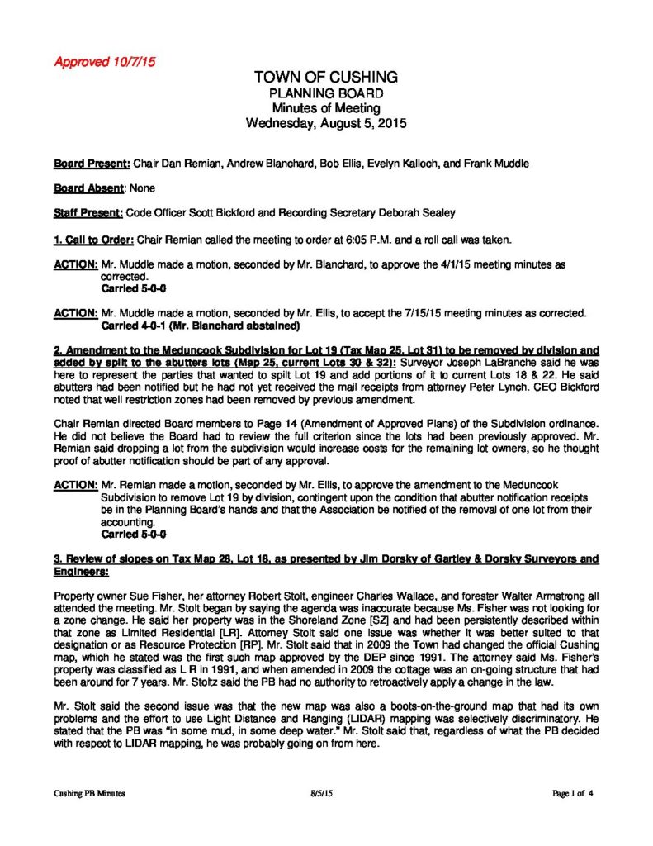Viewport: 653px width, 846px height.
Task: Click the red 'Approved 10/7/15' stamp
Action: (105, 62)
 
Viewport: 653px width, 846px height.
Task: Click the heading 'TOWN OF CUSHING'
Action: (326, 77)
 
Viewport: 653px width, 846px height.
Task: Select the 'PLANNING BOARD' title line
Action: (326, 93)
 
